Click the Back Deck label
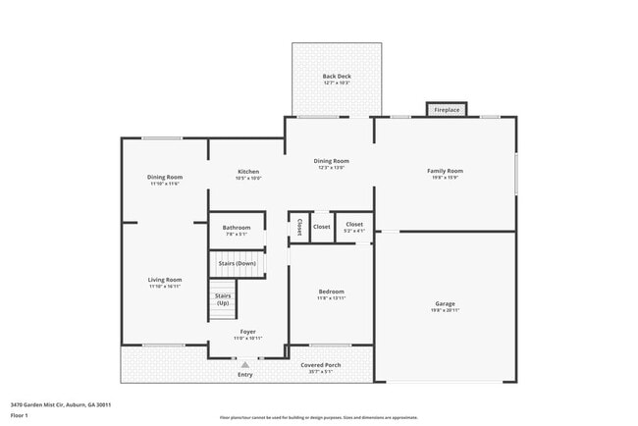tap(337, 77)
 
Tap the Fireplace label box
tap(447, 110)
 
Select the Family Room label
tap(445, 171)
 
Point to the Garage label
tap(445, 303)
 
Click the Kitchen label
tap(247, 172)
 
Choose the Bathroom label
tap(236, 228)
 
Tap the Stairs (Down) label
tap(237, 263)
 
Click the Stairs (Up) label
tap(223, 298)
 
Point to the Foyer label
tap(247, 332)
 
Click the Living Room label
tap(165, 280)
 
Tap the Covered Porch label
tap(321, 364)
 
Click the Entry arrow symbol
tap(245, 364)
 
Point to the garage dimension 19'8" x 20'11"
tap(445, 310)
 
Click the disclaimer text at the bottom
tap(318, 417)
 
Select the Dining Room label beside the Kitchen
tap(331, 161)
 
